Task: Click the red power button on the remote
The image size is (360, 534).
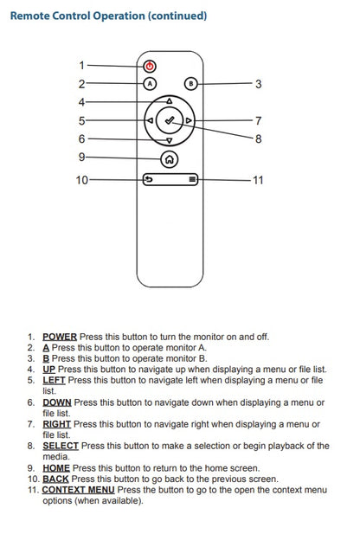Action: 150,66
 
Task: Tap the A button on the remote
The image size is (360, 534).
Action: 150,84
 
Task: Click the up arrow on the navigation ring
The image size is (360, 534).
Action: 170,101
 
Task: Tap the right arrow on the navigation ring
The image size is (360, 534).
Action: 190,121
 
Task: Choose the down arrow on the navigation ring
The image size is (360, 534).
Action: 170,140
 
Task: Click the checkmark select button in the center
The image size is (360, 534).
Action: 170,121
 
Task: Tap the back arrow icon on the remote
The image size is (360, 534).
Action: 149,180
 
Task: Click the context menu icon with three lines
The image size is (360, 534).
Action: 191,180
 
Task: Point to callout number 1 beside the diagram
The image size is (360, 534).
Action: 81,66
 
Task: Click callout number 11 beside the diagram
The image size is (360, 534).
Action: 258,180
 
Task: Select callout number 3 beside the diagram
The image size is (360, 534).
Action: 258,84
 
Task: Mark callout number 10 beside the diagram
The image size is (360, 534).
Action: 81,180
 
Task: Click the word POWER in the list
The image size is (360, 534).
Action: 60,337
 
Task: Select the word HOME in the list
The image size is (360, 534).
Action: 55,468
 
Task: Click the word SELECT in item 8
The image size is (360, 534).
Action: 61,447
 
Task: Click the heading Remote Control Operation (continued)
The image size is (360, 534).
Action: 108,16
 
